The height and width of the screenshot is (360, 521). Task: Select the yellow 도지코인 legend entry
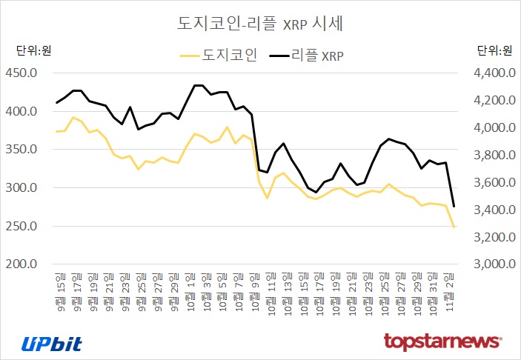click(219, 55)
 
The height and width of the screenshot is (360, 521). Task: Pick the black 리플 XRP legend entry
click(308, 55)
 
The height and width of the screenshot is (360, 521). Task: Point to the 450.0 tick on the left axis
click(21, 73)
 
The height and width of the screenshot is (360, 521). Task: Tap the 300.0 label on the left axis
click(21, 187)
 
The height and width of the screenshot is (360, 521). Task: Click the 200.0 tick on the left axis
click(21, 264)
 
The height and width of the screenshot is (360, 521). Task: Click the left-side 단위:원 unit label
click(34, 50)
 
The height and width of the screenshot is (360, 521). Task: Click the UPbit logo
click(51, 343)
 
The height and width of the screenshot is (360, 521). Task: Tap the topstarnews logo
click(442, 342)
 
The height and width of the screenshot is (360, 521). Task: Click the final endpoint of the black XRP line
click(454, 206)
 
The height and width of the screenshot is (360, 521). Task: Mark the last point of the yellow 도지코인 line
click(454, 227)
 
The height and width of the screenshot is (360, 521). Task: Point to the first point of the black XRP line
click(57, 103)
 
